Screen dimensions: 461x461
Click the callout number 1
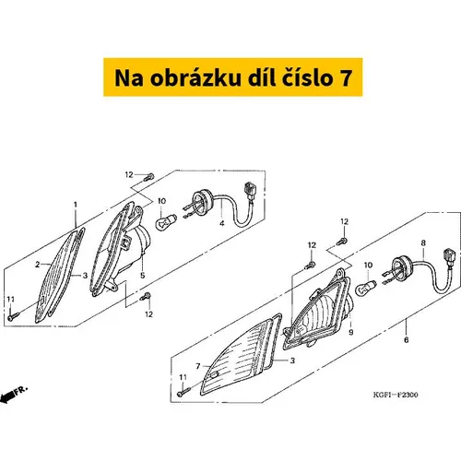76,205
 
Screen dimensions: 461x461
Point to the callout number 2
38,265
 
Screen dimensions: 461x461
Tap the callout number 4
222,223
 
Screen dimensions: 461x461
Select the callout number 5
142,276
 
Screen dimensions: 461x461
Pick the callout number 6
407,339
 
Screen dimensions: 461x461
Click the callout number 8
423,242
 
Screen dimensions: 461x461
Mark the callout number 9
351,332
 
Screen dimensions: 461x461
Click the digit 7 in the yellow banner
346,77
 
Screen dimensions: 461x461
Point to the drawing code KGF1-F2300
396,395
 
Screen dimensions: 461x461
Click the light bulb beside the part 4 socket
166,222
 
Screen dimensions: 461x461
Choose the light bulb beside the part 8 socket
366,288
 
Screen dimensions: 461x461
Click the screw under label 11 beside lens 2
13,316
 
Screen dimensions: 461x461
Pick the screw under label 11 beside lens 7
183,392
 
